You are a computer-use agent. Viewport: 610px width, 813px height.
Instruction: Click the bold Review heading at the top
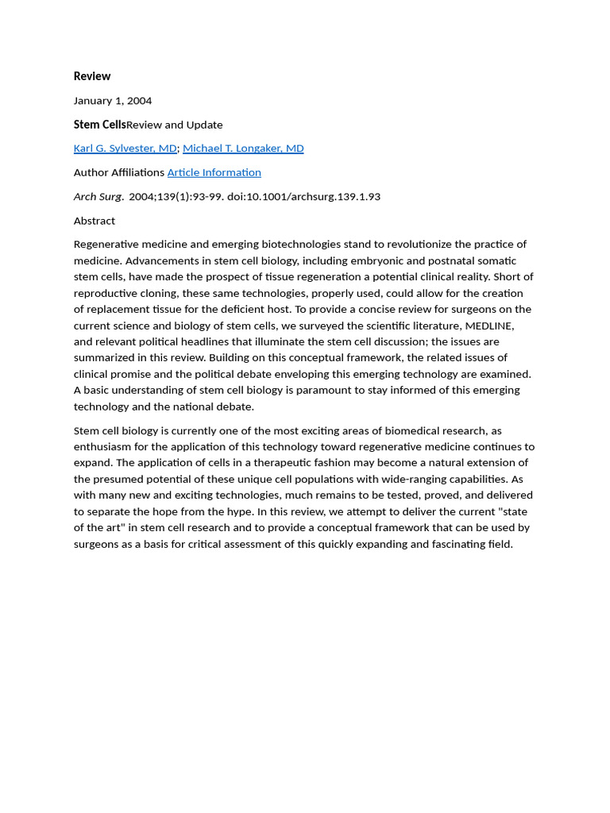click(x=92, y=76)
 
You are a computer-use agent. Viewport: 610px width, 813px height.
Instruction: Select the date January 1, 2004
click(x=113, y=101)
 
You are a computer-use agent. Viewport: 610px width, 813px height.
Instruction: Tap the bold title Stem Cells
click(x=99, y=125)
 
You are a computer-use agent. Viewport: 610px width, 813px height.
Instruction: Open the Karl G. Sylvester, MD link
click(x=125, y=148)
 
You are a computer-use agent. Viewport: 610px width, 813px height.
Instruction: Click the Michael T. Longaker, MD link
click(x=243, y=148)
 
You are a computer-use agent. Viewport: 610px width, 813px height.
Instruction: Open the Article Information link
click(x=214, y=172)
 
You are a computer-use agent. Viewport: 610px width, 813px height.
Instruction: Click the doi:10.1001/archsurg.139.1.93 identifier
click(x=303, y=197)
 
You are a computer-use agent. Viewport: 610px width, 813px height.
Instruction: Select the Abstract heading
click(x=95, y=221)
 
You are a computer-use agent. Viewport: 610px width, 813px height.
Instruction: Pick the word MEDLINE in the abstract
click(x=489, y=326)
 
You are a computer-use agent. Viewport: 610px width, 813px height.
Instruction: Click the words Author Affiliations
click(x=119, y=172)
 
